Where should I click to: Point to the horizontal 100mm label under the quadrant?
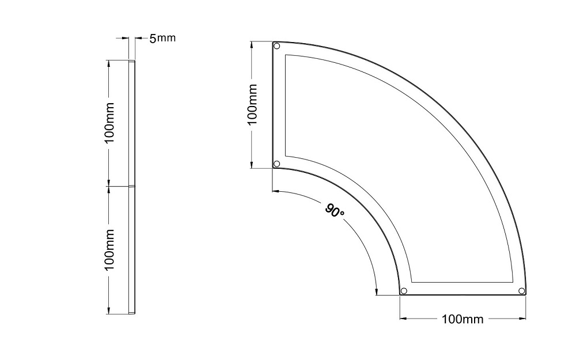[463, 319]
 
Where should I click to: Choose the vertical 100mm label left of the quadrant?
[252, 104]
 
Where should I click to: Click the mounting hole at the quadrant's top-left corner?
[276, 46]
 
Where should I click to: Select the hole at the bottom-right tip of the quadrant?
[521, 290]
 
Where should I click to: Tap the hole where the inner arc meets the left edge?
[276, 164]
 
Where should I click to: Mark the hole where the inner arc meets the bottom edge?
[404, 290]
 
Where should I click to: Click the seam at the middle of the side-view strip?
[132, 186]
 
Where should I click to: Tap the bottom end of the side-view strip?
[132, 313]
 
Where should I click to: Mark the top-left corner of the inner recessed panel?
[286, 55]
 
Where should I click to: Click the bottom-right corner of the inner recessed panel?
[513, 282]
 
